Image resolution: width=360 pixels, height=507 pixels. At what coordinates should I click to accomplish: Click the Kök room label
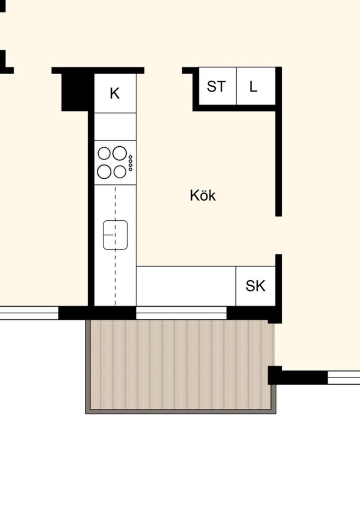point(203,195)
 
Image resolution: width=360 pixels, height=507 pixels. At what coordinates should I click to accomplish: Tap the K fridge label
point(115,93)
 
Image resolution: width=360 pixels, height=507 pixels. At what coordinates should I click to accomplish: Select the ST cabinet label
point(216,86)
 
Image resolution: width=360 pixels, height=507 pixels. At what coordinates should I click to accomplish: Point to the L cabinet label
point(253,86)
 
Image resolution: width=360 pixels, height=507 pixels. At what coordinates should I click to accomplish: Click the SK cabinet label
point(255,286)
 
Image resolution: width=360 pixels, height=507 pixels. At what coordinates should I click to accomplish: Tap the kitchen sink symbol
point(115,235)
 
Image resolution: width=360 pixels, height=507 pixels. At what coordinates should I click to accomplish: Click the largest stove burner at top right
point(120,153)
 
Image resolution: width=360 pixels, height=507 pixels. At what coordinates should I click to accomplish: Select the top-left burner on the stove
point(104,153)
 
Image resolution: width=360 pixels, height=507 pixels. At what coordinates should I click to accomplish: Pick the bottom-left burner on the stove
point(104,172)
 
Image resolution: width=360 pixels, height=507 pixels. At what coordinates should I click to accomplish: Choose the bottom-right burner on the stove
point(120,172)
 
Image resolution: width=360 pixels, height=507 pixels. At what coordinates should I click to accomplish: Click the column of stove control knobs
point(130,163)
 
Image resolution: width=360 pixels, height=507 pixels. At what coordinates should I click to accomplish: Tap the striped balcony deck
point(181,364)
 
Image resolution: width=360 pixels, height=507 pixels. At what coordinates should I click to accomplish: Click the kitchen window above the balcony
point(181,313)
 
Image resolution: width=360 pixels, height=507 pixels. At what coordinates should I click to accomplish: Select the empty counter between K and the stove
point(115,126)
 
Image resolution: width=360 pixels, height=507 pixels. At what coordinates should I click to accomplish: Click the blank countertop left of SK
point(186,286)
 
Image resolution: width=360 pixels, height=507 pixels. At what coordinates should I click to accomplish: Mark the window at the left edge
point(29,313)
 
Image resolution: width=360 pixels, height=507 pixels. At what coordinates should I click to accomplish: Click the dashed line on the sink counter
point(115,246)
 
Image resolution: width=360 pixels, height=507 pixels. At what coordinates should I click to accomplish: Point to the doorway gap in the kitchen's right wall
point(279,235)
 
